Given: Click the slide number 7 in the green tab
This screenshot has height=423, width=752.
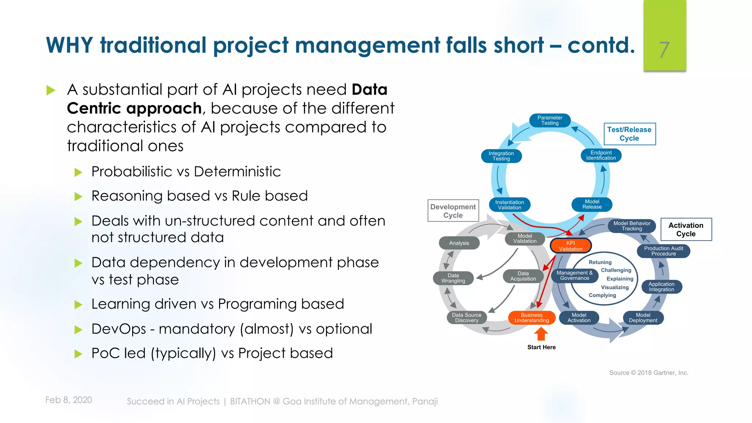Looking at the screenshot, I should tap(664, 50).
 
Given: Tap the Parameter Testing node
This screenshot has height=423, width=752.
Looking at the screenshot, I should tap(550, 120).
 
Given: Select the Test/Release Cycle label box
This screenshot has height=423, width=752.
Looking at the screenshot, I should tap(629, 134).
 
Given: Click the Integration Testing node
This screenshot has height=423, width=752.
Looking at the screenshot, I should tap(501, 156).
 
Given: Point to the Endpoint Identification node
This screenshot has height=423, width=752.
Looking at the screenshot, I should tap(601, 155).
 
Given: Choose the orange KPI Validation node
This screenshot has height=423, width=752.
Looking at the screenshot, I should tap(570, 246).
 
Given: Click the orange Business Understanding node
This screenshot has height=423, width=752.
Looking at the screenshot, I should tap(531, 318).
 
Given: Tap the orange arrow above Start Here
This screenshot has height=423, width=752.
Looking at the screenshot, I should tap(541, 334).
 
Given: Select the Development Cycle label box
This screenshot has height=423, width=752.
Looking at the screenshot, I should tap(453, 211).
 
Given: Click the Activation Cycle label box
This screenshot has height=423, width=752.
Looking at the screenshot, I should tap(686, 229).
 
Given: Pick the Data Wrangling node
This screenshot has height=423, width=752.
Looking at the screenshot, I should tap(453, 278).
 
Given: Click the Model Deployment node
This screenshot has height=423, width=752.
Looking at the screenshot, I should tap(643, 318).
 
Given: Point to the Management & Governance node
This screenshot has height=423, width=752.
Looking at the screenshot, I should tap(574, 275).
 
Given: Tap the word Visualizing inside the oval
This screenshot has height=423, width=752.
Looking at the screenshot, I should tap(615, 287).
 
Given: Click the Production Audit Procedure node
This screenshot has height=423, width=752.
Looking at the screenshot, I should tap(663, 251).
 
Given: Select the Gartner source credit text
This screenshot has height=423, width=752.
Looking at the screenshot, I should tap(648, 373).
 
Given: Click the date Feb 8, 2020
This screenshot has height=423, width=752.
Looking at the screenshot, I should tap(69, 400).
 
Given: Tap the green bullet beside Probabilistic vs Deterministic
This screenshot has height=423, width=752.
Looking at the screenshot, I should tap(78, 172).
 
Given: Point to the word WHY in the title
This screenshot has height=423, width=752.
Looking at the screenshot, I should tap(69, 45).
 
